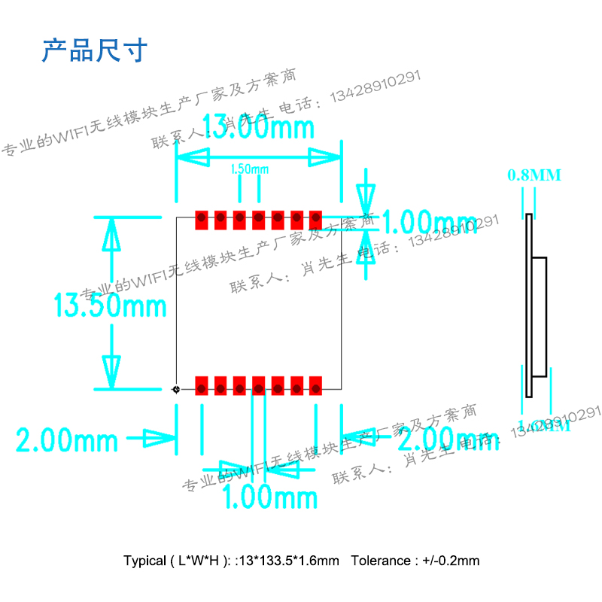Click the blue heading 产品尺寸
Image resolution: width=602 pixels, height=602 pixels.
pyautogui.click(x=94, y=50)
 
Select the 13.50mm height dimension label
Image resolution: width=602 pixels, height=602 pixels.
pyautogui.click(x=110, y=306)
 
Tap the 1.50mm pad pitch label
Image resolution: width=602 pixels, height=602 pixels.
pyautogui.click(x=249, y=169)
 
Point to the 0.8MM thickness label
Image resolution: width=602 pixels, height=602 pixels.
pyautogui.click(x=534, y=175)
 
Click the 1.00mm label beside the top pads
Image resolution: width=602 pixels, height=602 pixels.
pyautogui.click(x=430, y=223)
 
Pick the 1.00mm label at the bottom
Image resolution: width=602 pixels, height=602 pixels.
pyautogui.click(x=270, y=497)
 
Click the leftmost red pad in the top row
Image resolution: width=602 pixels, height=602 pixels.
pyautogui.click(x=202, y=220)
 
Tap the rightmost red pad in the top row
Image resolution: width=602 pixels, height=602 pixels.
pyautogui.click(x=315, y=220)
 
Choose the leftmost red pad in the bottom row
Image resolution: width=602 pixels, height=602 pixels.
pyautogui.click(x=202, y=385)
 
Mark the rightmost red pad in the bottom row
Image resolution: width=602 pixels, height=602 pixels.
pyautogui.click(x=315, y=385)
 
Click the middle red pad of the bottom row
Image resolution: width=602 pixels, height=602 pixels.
pyautogui.click(x=258, y=385)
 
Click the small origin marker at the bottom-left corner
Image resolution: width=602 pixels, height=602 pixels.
pyautogui.click(x=176, y=389)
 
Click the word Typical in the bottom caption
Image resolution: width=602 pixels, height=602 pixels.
pyautogui.click(x=144, y=561)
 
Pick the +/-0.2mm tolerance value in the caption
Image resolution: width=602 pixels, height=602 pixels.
pyautogui.click(x=451, y=561)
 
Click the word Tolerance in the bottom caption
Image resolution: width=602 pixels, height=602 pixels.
pyautogui.click(x=382, y=561)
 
